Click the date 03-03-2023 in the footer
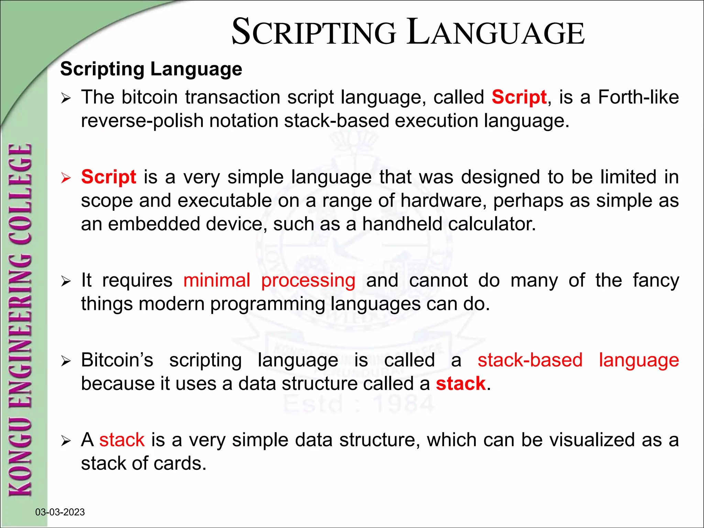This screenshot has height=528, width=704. click(x=60, y=512)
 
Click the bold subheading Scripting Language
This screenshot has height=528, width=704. click(x=151, y=69)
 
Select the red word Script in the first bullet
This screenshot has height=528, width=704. click(x=519, y=97)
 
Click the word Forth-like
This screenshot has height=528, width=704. click(x=638, y=97)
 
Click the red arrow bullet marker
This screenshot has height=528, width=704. click(x=65, y=178)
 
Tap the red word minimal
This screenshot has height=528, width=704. click(x=217, y=280)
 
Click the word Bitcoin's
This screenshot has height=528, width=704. click(x=117, y=360)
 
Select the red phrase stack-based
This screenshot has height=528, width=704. click(x=530, y=360)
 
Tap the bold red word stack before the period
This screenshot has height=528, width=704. click(x=460, y=384)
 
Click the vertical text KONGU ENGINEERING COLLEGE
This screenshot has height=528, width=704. click(x=21, y=320)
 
